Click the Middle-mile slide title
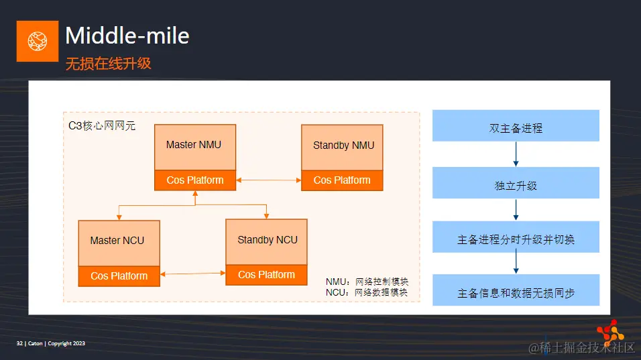[x=127, y=35]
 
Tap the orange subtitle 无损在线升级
[x=108, y=64]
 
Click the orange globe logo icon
[x=38, y=41]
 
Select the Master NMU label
[x=194, y=145]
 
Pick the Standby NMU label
[x=343, y=145]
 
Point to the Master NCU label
[x=117, y=241]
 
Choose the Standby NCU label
[x=268, y=240]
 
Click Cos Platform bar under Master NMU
[x=194, y=180]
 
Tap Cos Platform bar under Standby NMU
[x=342, y=180]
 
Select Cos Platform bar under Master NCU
[x=119, y=276]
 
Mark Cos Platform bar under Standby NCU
[x=266, y=275]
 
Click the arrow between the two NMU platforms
[x=268, y=180]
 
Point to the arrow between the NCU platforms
[x=192, y=273]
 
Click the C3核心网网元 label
[x=102, y=125]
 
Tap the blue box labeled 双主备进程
[x=516, y=128]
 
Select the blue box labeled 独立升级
[x=516, y=186]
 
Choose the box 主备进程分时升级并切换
[x=516, y=239]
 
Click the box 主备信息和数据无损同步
[x=516, y=293]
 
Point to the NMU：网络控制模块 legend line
[x=367, y=282]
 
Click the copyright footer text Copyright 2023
[x=66, y=344]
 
